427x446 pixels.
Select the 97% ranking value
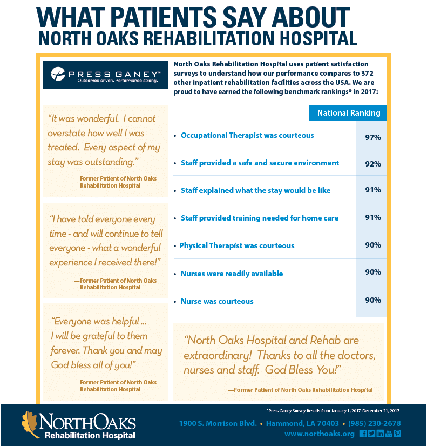372,137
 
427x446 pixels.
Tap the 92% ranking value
372,163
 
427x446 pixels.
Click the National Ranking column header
348,113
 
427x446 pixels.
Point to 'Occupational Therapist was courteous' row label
247,135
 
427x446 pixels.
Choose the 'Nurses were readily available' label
232,274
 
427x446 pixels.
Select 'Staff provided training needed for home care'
260,218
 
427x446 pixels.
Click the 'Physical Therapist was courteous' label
237,245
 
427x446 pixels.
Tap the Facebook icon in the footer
363,434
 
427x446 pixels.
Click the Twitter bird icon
371,434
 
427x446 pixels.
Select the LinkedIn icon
380,434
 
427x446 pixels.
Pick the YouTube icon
389,434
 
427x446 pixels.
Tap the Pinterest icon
397,434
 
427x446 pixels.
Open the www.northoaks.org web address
319,434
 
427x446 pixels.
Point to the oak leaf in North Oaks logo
30,423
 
